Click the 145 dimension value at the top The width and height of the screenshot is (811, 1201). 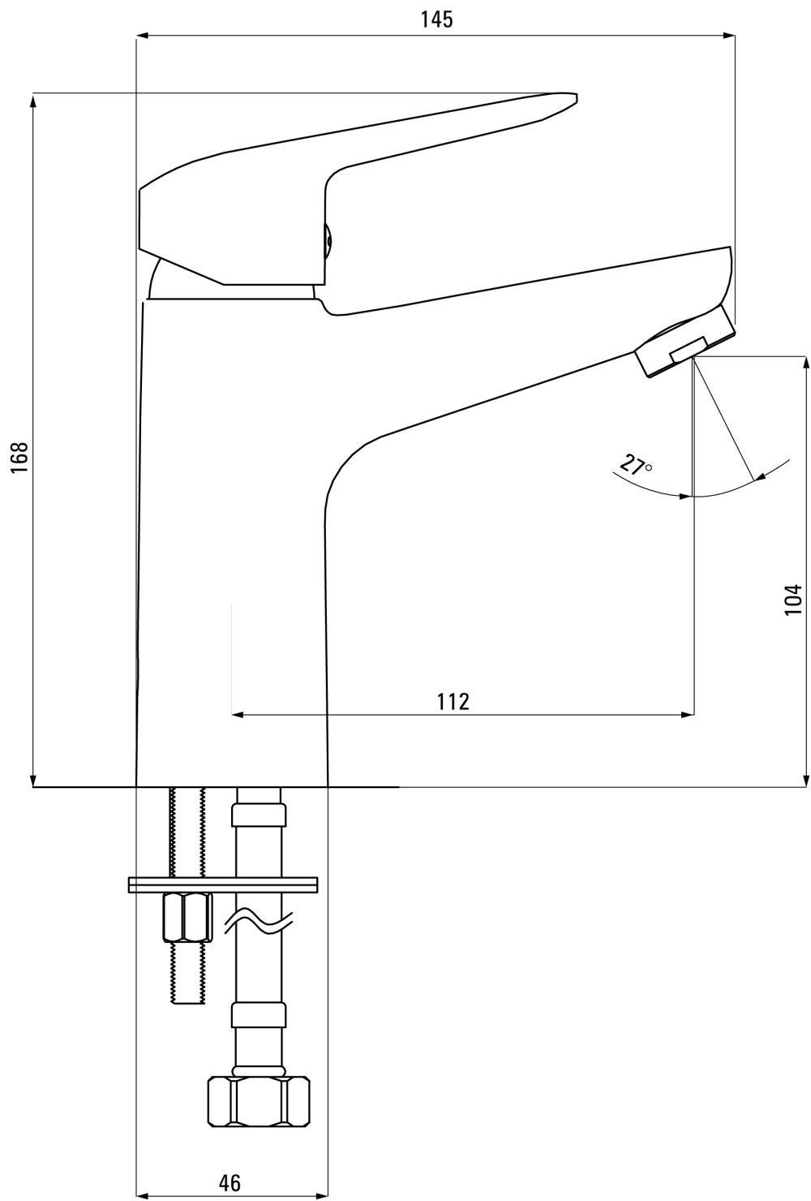coord(436,19)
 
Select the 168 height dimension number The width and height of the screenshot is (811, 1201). coord(19,457)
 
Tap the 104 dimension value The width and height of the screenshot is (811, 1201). coord(795,599)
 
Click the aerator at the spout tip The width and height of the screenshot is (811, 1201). coord(685,342)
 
